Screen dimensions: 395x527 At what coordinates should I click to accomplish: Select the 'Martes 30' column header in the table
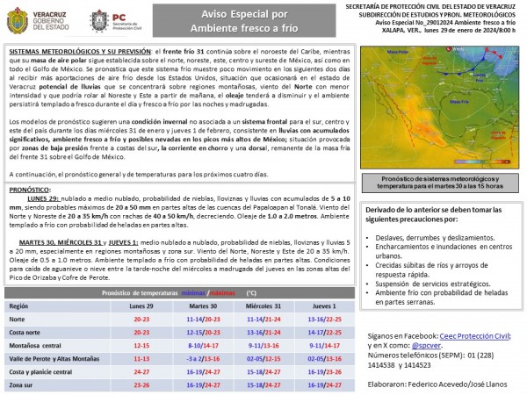(204, 305)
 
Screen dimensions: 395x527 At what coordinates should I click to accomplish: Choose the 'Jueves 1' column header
(325, 305)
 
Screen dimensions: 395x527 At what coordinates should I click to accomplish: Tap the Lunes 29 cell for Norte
(141, 320)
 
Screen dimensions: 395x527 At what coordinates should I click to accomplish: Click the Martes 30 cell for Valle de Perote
(204, 359)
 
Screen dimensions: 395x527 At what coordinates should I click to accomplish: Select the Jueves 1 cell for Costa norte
(325, 333)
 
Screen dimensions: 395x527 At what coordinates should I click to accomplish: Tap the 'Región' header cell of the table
(19, 305)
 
